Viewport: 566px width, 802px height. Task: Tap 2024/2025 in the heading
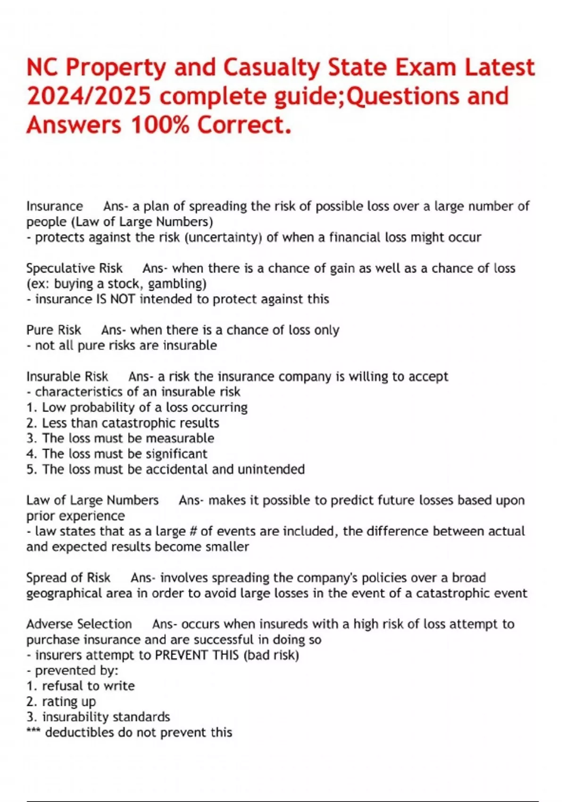pos(89,96)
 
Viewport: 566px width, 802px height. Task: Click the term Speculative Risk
pos(74,268)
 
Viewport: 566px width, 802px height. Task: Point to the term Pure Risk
pos(53,330)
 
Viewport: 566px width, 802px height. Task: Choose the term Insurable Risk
pos(67,376)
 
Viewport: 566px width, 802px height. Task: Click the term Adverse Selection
pos(79,624)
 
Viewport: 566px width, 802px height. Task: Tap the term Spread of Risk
pos(68,578)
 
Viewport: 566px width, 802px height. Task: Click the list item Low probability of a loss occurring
pos(144,408)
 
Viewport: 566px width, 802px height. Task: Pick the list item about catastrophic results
pos(130,423)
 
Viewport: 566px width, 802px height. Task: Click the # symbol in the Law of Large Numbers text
pos(192,532)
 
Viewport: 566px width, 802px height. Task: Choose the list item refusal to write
pos(88,686)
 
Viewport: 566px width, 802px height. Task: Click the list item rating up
pos(69,702)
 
